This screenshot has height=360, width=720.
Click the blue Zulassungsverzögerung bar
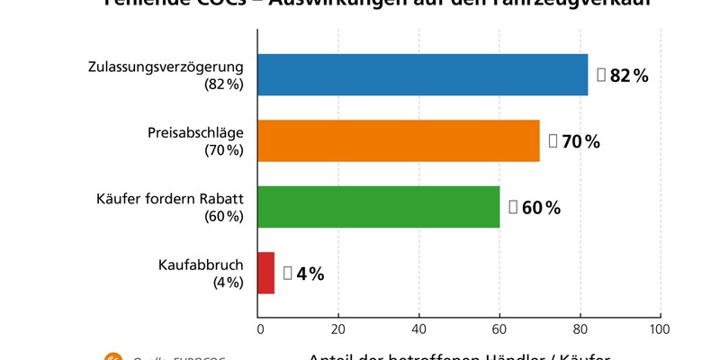point(423,75)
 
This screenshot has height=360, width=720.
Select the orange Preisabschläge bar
point(399,140)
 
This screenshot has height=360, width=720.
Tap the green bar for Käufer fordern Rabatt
point(379,207)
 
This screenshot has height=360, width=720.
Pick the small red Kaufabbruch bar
point(266,273)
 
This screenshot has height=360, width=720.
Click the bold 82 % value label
point(629,76)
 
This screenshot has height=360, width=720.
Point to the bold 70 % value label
point(580,141)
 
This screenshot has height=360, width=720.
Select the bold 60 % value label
point(541,208)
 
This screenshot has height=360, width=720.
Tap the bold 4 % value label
point(310,274)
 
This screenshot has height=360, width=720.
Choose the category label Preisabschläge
point(195,133)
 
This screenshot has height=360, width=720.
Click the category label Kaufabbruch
point(201,265)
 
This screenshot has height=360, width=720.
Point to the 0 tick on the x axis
point(259,328)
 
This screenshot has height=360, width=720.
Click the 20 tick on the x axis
point(338,328)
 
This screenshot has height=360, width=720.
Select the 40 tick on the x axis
point(419,328)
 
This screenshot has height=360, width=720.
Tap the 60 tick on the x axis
point(499,328)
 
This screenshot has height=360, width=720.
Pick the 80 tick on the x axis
point(580,328)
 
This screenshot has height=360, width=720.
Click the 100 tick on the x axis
point(660,328)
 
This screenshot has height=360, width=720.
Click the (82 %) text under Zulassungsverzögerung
point(223,85)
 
